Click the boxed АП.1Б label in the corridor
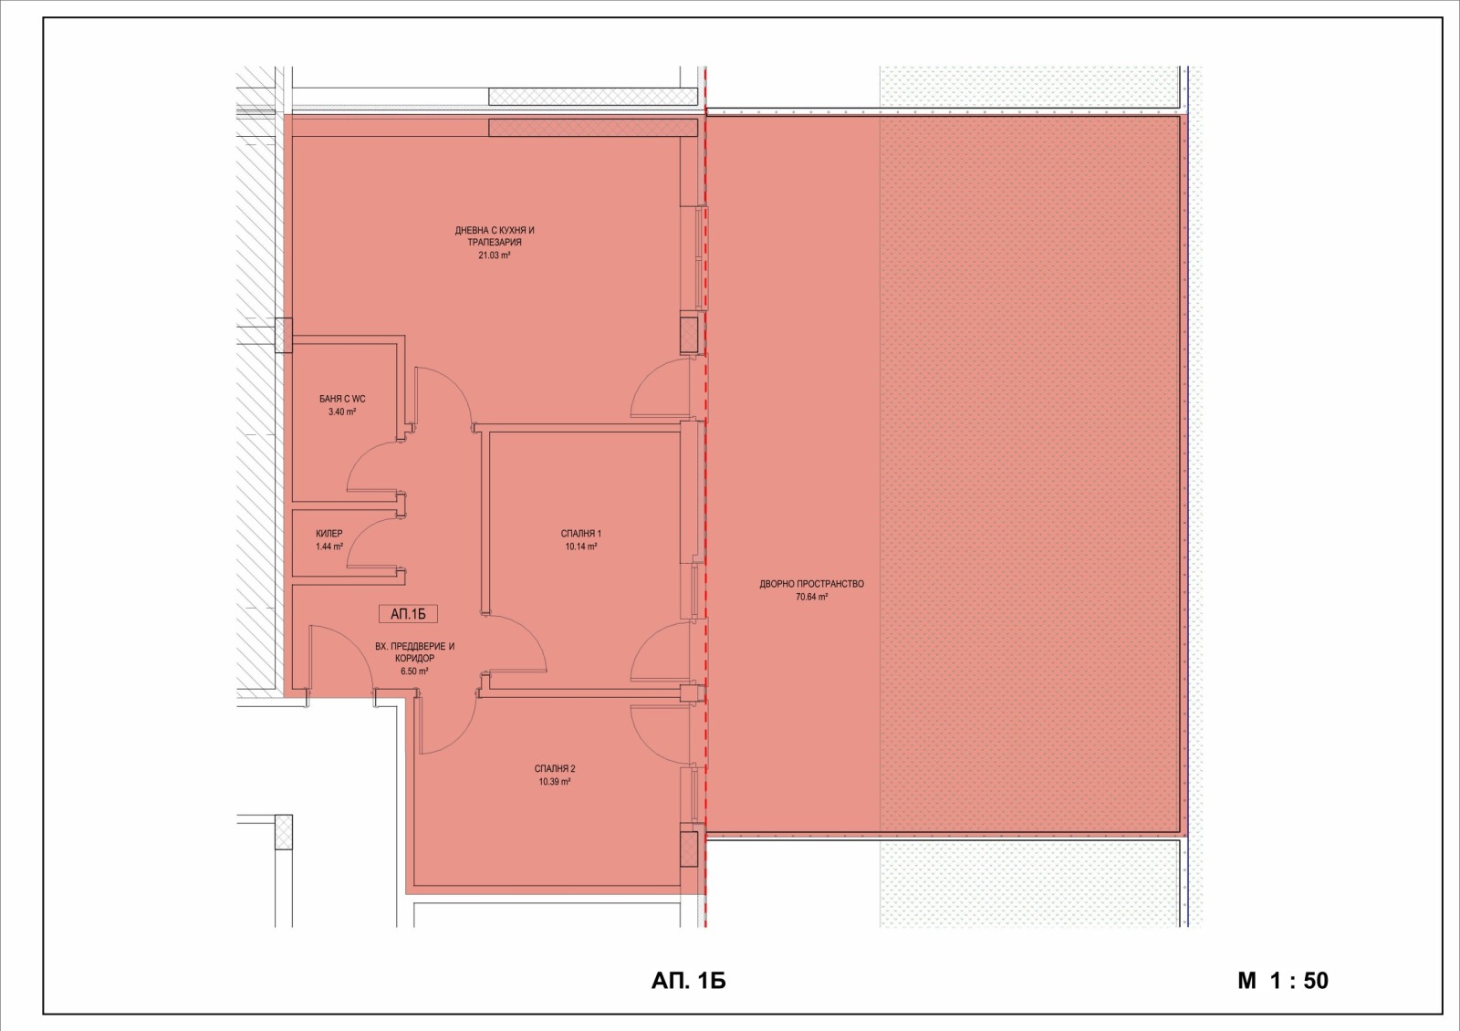(408, 614)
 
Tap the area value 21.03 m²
(494, 255)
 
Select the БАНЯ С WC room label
(342, 399)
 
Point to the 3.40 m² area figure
(342, 411)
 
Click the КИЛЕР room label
(329, 534)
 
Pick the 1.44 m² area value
(329, 547)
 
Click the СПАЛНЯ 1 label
(580, 534)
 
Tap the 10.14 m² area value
(580, 547)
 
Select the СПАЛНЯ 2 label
(555, 769)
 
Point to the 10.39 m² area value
(555, 782)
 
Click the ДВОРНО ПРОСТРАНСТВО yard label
(811, 584)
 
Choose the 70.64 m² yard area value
(811, 597)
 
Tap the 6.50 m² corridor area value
(414, 672)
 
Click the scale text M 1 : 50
(1283, 981)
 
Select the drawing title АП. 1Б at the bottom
(688, 981)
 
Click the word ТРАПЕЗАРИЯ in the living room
(494, 243)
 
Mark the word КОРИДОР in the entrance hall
(414, 659)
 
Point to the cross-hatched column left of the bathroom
(284, 336)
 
